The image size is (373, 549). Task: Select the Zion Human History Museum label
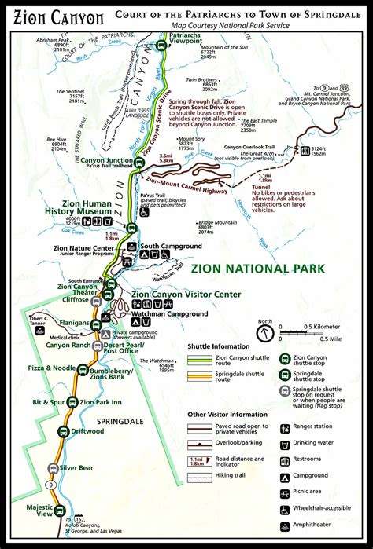(x=85, y=207)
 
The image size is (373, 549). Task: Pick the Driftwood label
(x=87, y=430)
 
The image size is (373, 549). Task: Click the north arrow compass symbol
(x=267, y=332)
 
